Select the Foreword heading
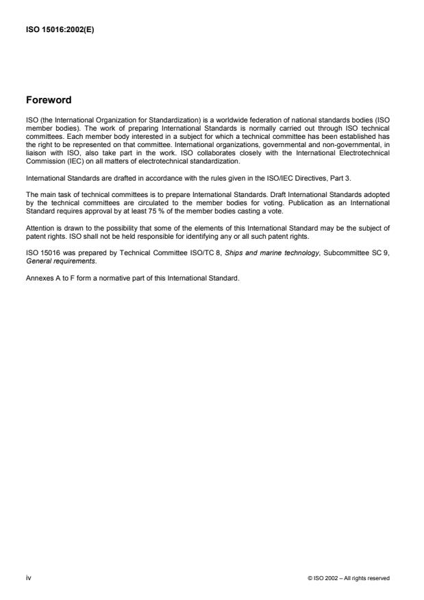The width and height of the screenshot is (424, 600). point(49,100)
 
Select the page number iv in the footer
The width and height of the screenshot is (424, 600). point(28,577)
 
